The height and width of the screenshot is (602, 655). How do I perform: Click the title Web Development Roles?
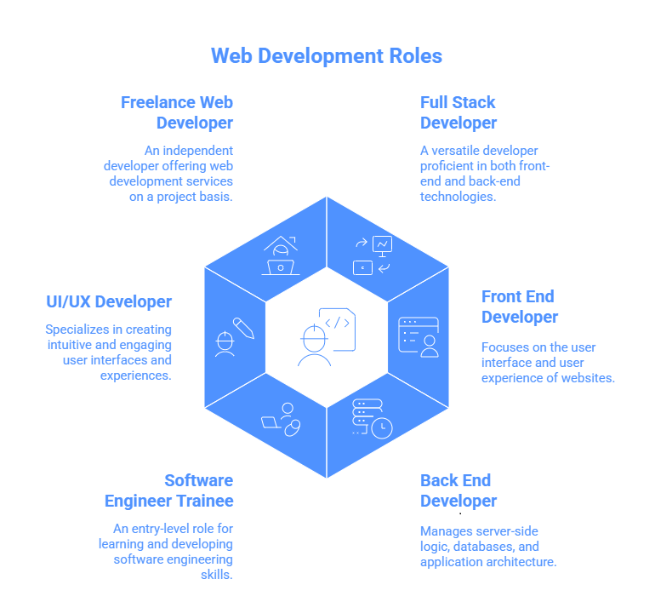[x=327, y=56]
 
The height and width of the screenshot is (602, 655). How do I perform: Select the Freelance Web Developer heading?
[x=177, y=112]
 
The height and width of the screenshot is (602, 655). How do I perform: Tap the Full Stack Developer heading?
[x=458, y=112]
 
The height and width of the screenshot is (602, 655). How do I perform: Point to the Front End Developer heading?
[x=520, y=307]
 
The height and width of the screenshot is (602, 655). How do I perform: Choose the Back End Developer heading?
[x=458, y=490]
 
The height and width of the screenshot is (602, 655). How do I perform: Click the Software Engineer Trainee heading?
[x=169, y=490]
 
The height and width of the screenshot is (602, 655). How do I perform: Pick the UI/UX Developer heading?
[x=109, y=301]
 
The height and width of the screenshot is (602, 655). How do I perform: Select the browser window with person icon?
[x=419, y=336]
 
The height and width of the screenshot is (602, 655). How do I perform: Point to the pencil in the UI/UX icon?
[x=242, y=327]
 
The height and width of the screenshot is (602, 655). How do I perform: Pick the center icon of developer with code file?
[x=327, y=337]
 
